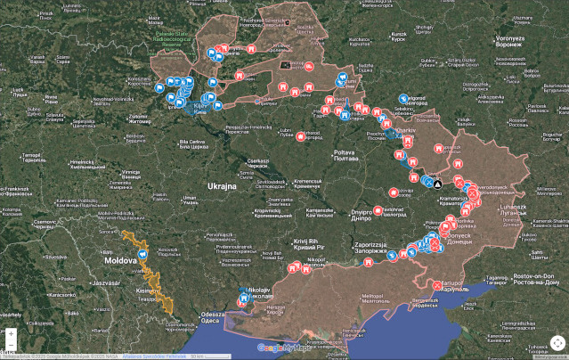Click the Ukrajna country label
point(222,186)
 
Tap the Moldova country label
point(121,260)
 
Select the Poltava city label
point(344,154)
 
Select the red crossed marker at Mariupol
point(437,285)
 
